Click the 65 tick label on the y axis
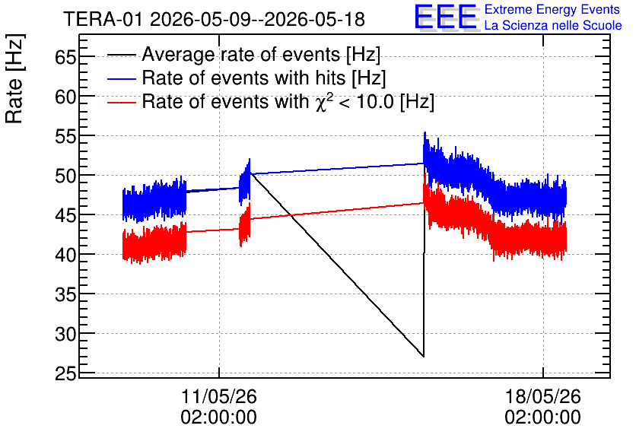coord(65,57)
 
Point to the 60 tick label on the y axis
coord(65,97)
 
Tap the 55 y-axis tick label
coord(65,137)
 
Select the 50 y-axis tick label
coord(65,176)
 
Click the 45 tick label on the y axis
coord(65,216)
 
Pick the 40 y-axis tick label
coord(65,255)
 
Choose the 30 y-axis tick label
coord(65,334)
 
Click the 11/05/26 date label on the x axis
coord(218,396)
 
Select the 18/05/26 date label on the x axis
coord(542,396)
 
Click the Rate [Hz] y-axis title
coord(14,78)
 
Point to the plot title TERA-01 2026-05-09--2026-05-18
coord(215,19)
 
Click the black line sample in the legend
coord(121,55)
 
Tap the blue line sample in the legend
coord(121,78)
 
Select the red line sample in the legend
coord(121,102)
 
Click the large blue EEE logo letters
coord(446,17)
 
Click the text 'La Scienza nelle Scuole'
coord(553,25)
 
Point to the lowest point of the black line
coord(424,357)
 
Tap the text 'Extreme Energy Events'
coord(552,9)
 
